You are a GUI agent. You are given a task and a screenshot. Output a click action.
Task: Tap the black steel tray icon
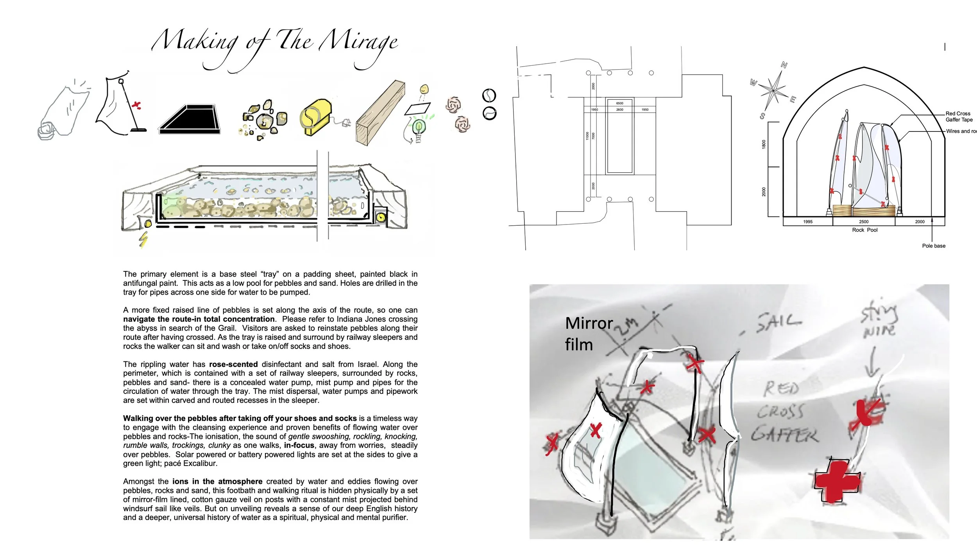coord(190,119)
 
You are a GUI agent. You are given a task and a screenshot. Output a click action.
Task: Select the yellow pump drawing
coord(316,116)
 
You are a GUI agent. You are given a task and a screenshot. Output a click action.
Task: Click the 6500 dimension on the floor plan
coord(620,103)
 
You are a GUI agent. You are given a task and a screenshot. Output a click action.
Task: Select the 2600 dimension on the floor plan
coord(620,110)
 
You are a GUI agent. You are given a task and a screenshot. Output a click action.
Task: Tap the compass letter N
coord(784,65)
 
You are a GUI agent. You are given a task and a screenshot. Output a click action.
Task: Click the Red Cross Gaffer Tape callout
coord(959,117)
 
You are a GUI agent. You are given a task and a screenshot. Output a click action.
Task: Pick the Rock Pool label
coord(864,230)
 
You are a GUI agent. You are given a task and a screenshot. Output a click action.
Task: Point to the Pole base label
coord(934,246)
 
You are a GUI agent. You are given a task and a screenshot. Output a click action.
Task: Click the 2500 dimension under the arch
coord(864,222)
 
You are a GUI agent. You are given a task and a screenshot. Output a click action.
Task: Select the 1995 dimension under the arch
coord(808,222)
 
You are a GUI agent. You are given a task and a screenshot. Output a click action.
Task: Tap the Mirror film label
coord(588,334)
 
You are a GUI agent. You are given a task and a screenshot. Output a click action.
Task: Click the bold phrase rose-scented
coord(233,364)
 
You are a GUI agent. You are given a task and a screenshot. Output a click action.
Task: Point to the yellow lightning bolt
coord(143,239)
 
